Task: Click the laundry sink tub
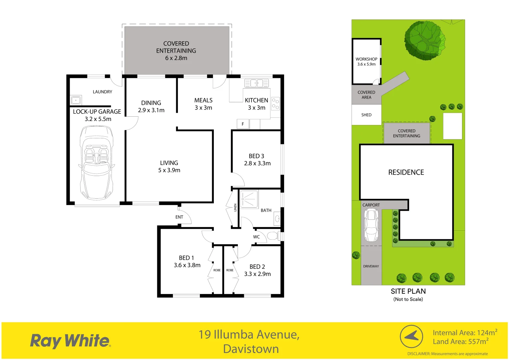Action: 76,100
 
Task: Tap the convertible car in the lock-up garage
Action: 97,163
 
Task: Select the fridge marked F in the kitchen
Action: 243,124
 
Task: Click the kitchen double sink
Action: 256,83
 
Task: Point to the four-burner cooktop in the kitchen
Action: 275,103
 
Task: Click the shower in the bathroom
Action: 249,199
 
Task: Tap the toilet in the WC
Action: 272,236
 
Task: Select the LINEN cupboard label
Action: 235,207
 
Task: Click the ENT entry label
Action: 179,217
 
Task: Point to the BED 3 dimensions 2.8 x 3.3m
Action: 257,163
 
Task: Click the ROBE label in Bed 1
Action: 217,270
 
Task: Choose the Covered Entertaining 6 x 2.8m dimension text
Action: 176,58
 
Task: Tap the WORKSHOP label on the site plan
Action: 366,59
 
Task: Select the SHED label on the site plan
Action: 366,115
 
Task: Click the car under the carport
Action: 371,225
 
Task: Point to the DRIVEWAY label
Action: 371,266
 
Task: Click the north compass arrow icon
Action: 411,336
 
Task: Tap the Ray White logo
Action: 70,341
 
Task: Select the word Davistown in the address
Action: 251,349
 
